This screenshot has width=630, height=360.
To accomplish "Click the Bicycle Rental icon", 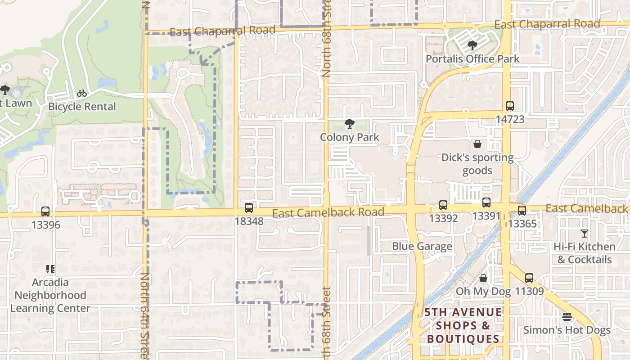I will tap(81, 93).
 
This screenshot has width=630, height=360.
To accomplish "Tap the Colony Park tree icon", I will tap(349, 124).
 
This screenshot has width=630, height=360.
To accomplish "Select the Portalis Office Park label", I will tap(472, 59).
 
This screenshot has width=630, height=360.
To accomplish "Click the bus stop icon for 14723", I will tap(509, 106).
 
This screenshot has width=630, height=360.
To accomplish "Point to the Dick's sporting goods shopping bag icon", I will tap(477, 144).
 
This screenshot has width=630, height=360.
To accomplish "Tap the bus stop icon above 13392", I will tap(443, 205).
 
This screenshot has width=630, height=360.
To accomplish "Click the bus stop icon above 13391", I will tap(486, 202).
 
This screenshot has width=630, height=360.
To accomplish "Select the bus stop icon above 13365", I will tap(522, 210).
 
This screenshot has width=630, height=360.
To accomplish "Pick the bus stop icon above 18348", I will tap(248, 208).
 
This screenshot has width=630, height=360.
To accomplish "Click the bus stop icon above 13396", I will tap(45, 211).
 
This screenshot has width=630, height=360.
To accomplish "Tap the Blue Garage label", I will tap(422, 246).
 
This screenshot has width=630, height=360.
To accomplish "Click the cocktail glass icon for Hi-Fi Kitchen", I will tap(584, 234).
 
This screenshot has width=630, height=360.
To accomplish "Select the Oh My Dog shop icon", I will tap(483, 279).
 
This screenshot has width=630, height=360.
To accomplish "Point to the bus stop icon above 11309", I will tap(529, 278).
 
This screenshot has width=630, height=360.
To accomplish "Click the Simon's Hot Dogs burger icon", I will tap(567, 317).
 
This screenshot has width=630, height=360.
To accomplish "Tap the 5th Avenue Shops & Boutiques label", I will tap(463, 325).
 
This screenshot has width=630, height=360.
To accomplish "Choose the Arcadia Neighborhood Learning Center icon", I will tap(50, 269).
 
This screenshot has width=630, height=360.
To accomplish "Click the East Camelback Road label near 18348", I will tap(328, 212).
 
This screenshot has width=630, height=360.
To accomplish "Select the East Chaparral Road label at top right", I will tap(547, 24).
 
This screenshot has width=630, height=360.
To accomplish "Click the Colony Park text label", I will tap(349, 137).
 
